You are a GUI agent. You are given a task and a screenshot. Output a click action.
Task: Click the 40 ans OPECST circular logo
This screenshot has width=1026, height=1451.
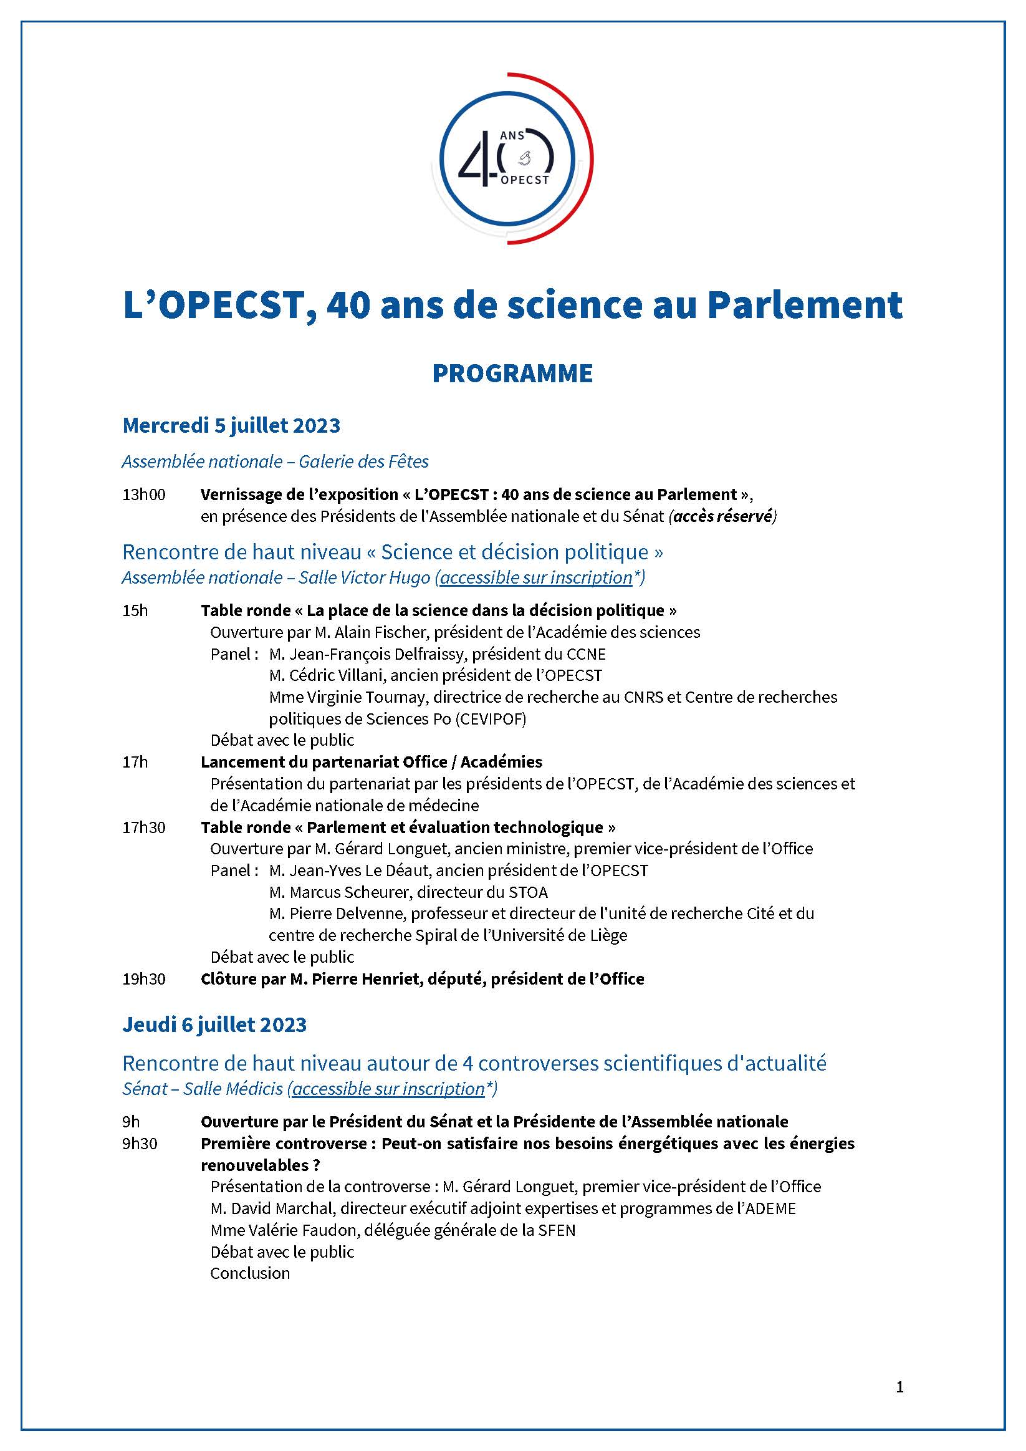coord(512,158)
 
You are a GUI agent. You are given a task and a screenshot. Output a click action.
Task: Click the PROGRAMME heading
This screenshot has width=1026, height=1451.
coord(512,374)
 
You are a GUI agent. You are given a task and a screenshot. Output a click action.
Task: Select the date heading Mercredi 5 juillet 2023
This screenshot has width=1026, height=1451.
coord(231,425)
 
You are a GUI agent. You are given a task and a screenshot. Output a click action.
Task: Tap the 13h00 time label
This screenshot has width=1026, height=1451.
coord(144,494)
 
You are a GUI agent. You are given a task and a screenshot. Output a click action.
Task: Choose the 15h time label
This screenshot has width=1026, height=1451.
coord(135,610)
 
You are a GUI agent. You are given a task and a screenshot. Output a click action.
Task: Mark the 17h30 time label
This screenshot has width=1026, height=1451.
coord(144,827)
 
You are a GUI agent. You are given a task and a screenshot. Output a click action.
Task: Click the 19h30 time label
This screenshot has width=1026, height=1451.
coord(144,979)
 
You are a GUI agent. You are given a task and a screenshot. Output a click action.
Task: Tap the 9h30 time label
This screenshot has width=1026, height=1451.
coord(140,1143)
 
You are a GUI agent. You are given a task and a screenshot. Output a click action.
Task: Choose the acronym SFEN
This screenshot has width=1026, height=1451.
coord(556,1230)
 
